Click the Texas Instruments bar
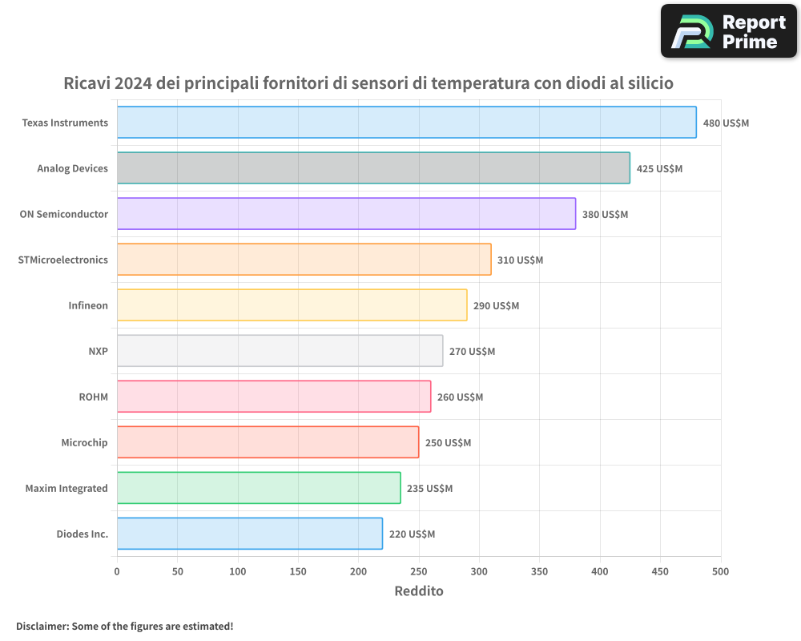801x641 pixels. (407, 123)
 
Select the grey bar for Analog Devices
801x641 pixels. (373, 168)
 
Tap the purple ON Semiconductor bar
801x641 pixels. (346, 214)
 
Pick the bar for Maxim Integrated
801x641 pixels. (259, 488)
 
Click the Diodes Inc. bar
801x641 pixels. (250, 534)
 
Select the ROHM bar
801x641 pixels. (274, 397)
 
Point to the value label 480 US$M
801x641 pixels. (726, 123)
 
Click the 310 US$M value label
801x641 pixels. (520, 260)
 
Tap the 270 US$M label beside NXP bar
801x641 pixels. (472, 352)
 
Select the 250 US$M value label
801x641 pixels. (448, 443)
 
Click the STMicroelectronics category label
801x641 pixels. (62, 260)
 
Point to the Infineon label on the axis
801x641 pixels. (88, 305)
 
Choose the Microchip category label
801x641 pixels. (84, 442)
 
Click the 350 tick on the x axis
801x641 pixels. (540, 572)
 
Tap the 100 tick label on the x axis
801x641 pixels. (238, 572)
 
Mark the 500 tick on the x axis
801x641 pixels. (721, 572)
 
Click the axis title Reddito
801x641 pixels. (419, 591)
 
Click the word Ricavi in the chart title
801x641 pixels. (87, 83)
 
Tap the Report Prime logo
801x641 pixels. (729, 31)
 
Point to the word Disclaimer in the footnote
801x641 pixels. (42, 626)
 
